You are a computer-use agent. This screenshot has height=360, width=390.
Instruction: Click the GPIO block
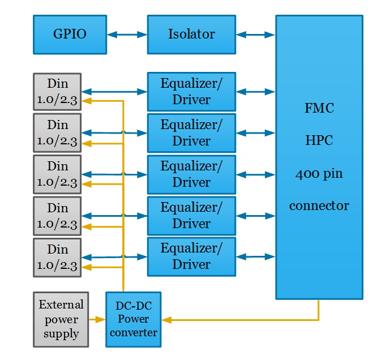70,35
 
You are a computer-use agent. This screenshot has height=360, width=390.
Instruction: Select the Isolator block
191,35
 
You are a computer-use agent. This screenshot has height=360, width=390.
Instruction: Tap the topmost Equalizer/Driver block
191,92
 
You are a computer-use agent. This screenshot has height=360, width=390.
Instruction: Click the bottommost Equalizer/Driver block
191,256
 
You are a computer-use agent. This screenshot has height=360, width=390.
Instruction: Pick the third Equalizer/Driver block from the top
191,174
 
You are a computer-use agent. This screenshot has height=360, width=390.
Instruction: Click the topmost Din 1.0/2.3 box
57,92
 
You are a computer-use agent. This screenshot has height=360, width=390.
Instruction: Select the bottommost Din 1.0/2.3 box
57,257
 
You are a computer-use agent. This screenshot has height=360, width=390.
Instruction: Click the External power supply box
61,319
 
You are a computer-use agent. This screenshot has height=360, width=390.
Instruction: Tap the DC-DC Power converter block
133,319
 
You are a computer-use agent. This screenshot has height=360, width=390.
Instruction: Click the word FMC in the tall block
319,108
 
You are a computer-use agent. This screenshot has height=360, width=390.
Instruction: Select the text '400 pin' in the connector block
319,174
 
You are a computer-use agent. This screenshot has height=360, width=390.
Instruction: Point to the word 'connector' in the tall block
319,205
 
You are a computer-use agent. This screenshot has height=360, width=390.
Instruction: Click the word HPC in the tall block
319,141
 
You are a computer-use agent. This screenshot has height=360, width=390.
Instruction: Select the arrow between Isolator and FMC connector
255,35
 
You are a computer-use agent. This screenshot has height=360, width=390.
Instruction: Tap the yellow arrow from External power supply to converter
97,320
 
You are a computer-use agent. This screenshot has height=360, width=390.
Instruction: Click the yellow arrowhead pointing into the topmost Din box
86,101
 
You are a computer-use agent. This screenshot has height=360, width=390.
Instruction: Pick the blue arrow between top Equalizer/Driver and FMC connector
255,91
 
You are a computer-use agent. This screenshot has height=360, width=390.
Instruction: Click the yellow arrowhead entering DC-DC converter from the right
166,320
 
